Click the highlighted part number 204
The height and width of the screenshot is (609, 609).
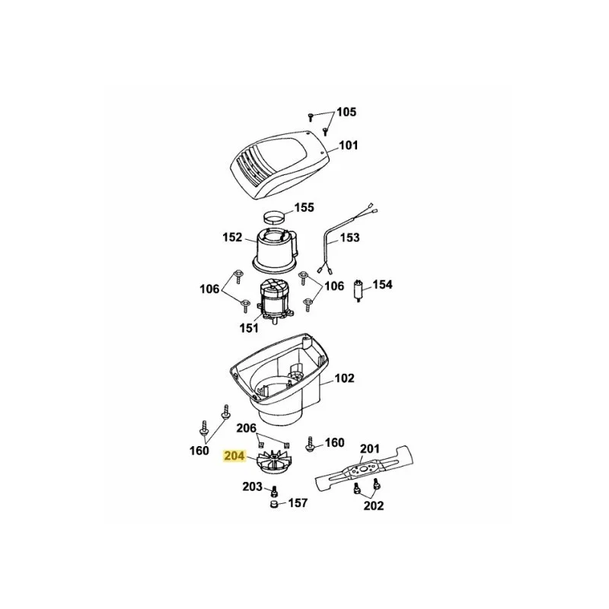tap(234, 455)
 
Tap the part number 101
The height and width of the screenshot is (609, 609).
tap(348, 145)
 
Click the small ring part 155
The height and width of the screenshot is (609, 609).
tap(274, 218)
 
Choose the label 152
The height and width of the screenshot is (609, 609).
tap(232, 237)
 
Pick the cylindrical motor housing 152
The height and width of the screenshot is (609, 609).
tap(275, 249)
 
